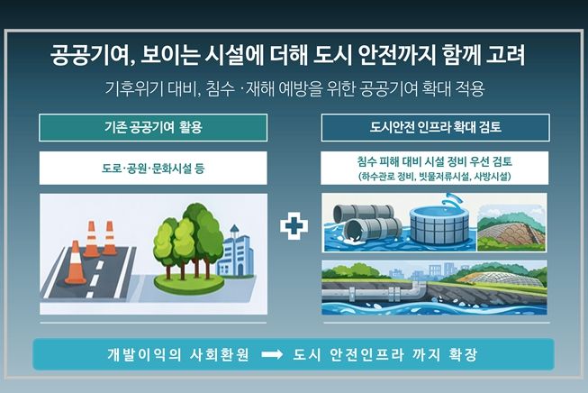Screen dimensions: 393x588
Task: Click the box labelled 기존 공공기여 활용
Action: pos(153,127)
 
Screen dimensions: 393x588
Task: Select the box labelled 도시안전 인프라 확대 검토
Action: pos(435,127)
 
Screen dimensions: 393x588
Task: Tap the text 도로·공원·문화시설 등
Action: pos(153,169)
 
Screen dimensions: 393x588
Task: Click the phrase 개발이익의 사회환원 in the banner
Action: pos(178,354)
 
